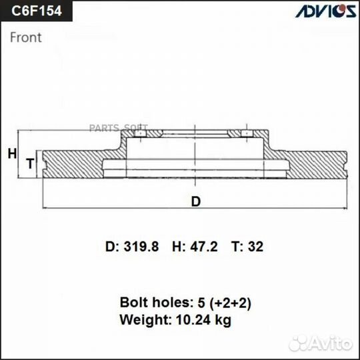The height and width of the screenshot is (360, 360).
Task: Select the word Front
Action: click(x=26, y=37)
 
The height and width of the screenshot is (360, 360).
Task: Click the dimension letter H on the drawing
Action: click(x=11, y=154)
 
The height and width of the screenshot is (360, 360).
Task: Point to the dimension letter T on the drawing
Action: click(x=29, y=163)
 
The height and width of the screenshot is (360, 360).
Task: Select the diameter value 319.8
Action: click(x=141, y=247)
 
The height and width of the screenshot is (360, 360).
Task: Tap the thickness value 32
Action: click(x=256, y=247)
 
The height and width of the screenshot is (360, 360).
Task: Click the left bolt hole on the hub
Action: click(x=141, y=137)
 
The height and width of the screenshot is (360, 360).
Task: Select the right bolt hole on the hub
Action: click(x=246, y=137)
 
